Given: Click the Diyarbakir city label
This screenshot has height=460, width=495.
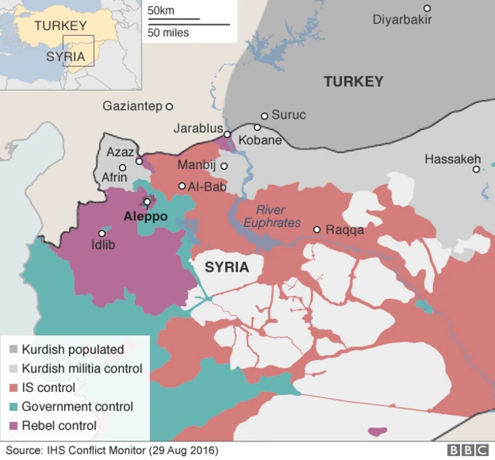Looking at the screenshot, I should coord(402,19).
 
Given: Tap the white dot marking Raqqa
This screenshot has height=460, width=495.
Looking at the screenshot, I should coord(317,229).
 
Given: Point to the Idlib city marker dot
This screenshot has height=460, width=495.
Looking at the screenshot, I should coord(101,233).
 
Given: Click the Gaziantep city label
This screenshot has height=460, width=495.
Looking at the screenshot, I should coord(131,106).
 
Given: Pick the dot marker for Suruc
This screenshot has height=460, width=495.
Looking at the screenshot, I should coord(265,115).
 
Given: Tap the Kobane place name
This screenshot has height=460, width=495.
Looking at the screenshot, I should coord(260,141).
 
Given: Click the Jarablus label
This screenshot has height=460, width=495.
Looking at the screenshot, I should coord(198,129).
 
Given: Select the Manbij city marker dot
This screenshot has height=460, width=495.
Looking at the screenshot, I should coord(224,166).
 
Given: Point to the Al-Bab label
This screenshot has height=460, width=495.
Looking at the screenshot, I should coord(205,186).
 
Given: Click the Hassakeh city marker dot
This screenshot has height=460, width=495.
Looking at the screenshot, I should coord(476,169).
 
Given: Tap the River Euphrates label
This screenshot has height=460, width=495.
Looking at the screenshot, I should coord(271,216).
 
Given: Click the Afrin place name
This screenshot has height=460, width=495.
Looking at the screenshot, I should coord(114,177).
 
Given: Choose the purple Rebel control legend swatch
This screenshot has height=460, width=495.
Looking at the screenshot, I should coord(13,425).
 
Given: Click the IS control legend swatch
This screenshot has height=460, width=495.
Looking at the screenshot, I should coord(13,387).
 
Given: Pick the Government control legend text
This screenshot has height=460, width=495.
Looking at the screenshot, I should coord(77,407).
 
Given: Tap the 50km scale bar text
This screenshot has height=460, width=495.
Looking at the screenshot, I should coord(161,11).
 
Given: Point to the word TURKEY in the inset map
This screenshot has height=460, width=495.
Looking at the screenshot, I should coord(60,26).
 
